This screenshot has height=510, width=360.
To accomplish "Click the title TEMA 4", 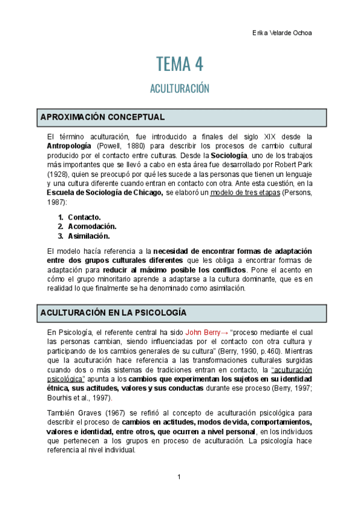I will [x=180, y=63].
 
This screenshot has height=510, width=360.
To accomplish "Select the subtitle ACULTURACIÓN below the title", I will [x=180, y=88].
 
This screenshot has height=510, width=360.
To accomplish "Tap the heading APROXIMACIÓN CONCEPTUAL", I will [x=102, y=117].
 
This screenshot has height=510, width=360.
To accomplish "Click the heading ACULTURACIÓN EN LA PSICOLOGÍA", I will [x=113, y=313].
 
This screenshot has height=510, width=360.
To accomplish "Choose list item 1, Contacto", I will [x=84, y=217].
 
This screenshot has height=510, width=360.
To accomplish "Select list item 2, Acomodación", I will [x=92, y=226].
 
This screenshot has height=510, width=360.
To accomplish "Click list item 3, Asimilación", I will [x=88, y=236].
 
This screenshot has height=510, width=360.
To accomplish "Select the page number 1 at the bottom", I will [x=179, y=478].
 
